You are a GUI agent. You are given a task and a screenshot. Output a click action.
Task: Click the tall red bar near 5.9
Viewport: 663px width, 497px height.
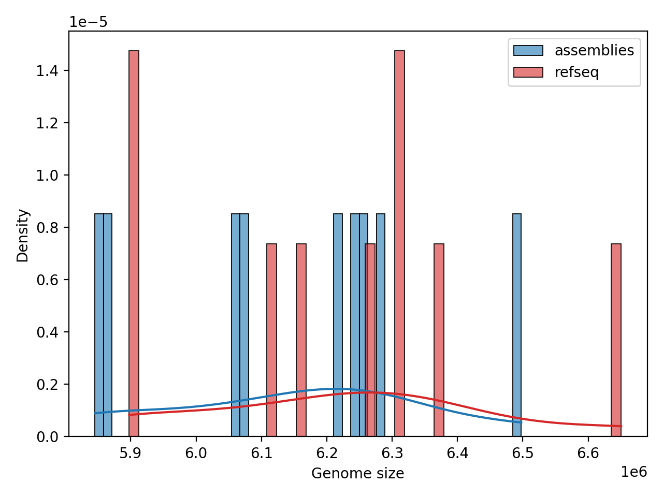(134, 243)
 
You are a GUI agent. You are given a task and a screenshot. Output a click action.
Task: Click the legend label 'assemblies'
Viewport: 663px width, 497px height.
(594, 51)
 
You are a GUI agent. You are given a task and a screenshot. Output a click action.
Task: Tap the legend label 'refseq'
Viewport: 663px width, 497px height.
(576, 72)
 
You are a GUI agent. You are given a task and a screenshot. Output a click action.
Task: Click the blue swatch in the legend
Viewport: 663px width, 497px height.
(528, 51)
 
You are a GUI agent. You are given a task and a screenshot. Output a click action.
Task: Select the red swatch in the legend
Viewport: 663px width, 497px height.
(528, 72)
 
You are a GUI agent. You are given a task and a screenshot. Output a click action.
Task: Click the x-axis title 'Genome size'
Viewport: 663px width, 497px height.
(357, 474)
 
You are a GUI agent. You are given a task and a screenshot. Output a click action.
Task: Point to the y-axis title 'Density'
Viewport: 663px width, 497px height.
(23, 236)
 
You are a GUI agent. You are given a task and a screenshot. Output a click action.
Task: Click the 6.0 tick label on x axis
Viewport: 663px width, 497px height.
(196, 454)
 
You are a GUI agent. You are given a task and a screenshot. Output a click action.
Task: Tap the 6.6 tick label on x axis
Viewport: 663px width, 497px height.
(588, 454)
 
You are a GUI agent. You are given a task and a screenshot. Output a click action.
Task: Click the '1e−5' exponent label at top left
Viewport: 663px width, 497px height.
(89, 22)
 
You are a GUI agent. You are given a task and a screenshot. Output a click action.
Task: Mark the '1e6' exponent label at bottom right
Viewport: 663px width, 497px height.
(633, 472)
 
